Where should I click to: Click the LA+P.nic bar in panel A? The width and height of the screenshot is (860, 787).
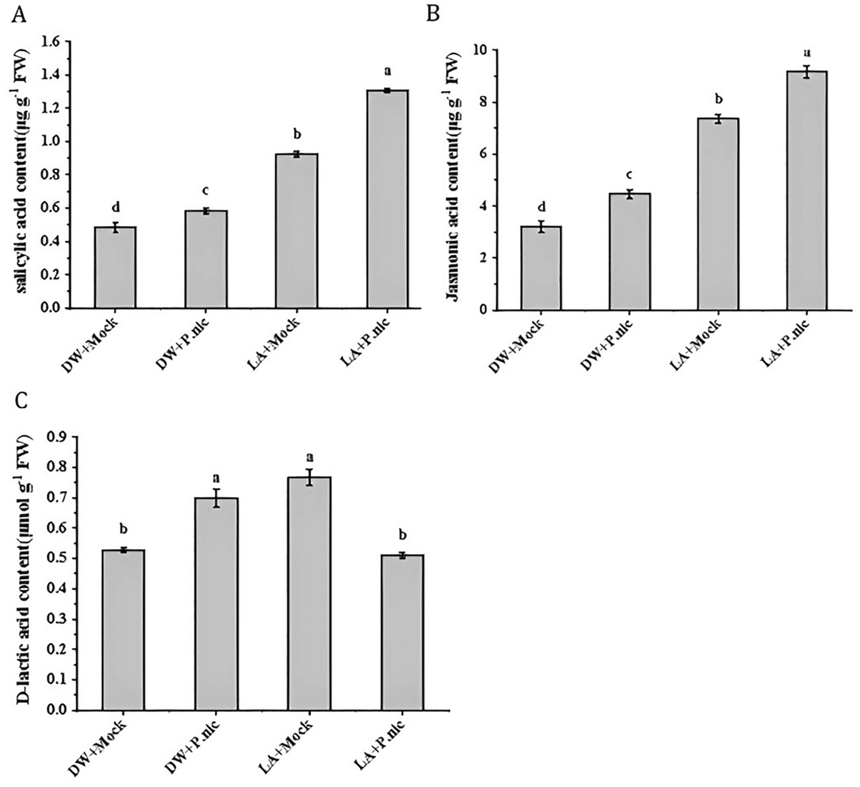(387, 199)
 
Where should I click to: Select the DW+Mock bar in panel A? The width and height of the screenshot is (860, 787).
(115, 267)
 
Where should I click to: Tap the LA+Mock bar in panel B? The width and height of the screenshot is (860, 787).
(718, 214)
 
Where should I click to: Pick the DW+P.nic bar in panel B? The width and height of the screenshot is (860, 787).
(629, 252)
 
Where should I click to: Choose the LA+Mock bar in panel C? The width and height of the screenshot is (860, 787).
(310, 594)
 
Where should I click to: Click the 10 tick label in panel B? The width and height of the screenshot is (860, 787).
(477, 50)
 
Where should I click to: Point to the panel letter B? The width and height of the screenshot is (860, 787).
(433, 13)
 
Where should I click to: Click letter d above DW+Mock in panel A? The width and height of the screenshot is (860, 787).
(115, 207)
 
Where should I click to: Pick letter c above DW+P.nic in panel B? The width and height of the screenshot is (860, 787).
(629, 174)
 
